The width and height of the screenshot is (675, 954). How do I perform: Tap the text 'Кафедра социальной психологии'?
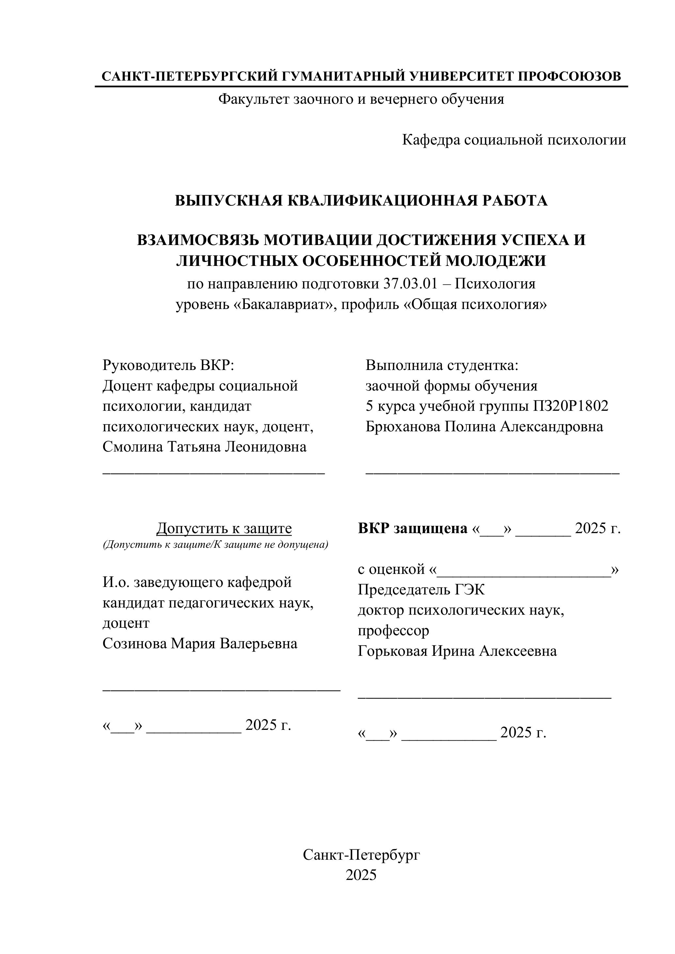(514, 140)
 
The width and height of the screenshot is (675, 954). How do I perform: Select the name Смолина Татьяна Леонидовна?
(205, 447)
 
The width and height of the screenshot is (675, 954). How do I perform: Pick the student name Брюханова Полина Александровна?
(484, 427)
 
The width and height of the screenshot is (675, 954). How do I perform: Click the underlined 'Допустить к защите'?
(224, 529)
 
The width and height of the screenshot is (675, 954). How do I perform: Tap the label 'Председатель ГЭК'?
(421, 590)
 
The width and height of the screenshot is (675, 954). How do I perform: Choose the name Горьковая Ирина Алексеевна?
(457, 651)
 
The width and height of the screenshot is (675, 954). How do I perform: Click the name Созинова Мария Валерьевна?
(200, 644)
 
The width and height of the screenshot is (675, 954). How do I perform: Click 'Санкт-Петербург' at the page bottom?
(361, 855)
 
